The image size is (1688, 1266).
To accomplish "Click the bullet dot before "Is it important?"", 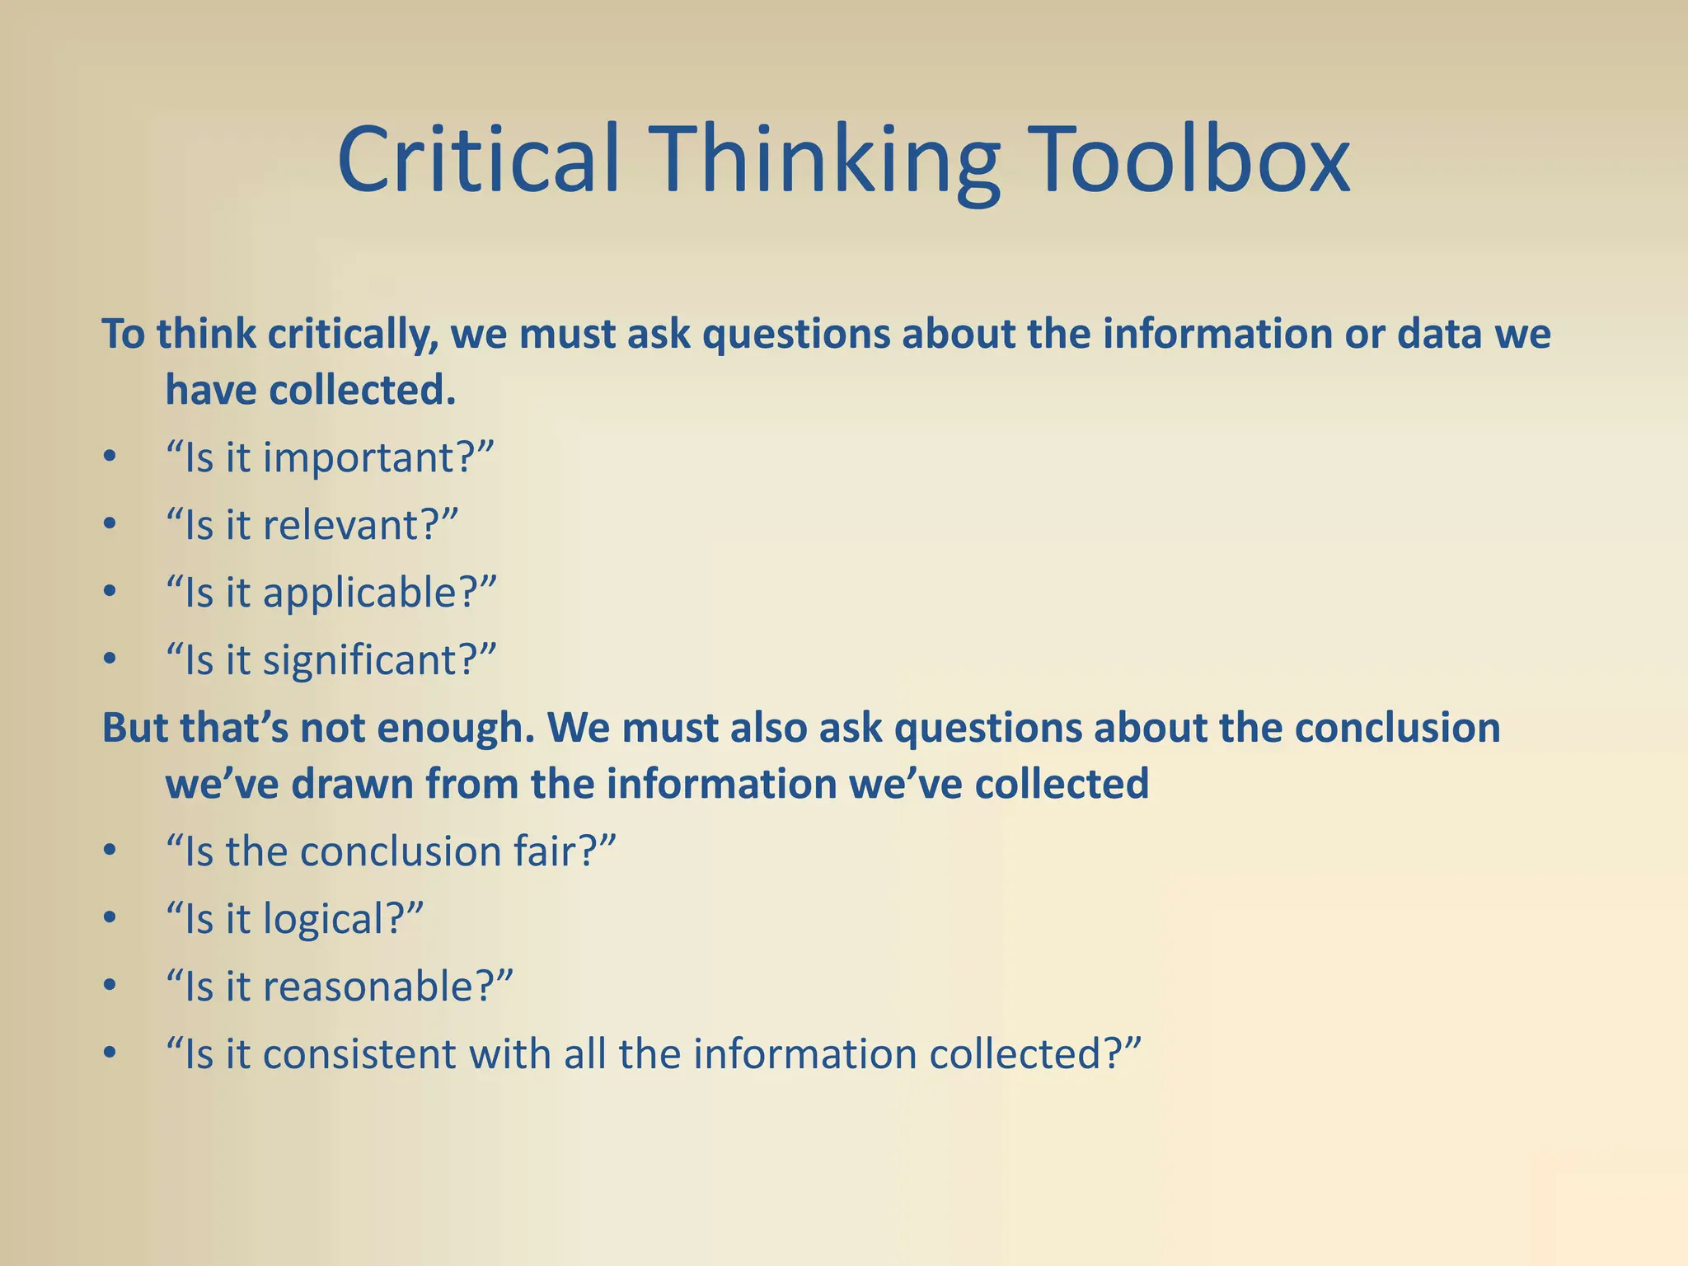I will coord(110,457).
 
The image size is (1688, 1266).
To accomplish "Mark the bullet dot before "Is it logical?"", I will coord(110,917).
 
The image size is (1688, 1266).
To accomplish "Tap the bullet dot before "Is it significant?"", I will coord(110,659).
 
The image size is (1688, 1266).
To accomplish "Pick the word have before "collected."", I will coord(210,391).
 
